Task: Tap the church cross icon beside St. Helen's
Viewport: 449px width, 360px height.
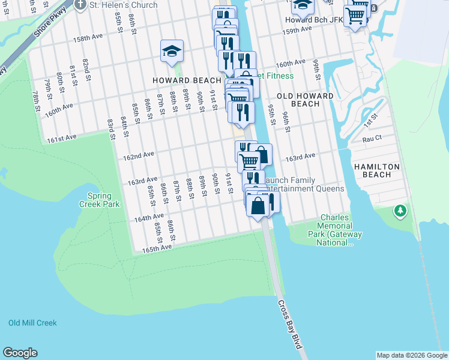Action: tap(82, 4)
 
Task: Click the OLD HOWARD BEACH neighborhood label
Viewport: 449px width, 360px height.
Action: tap(305, 100)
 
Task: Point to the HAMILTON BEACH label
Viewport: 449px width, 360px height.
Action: tap(372, 170)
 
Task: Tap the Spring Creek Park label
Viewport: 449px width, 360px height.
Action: tap(103, 200)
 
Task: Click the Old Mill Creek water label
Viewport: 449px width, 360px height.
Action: tap(32, 323)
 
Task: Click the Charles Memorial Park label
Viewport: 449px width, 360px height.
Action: tap(330, 230)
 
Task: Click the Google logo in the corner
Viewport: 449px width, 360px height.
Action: tap(20, 353)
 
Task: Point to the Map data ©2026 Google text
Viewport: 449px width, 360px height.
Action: tap(412, 355)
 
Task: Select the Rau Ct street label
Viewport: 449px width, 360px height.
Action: tap(372, 138)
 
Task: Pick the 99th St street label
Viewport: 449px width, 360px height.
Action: tap(316, 69)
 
